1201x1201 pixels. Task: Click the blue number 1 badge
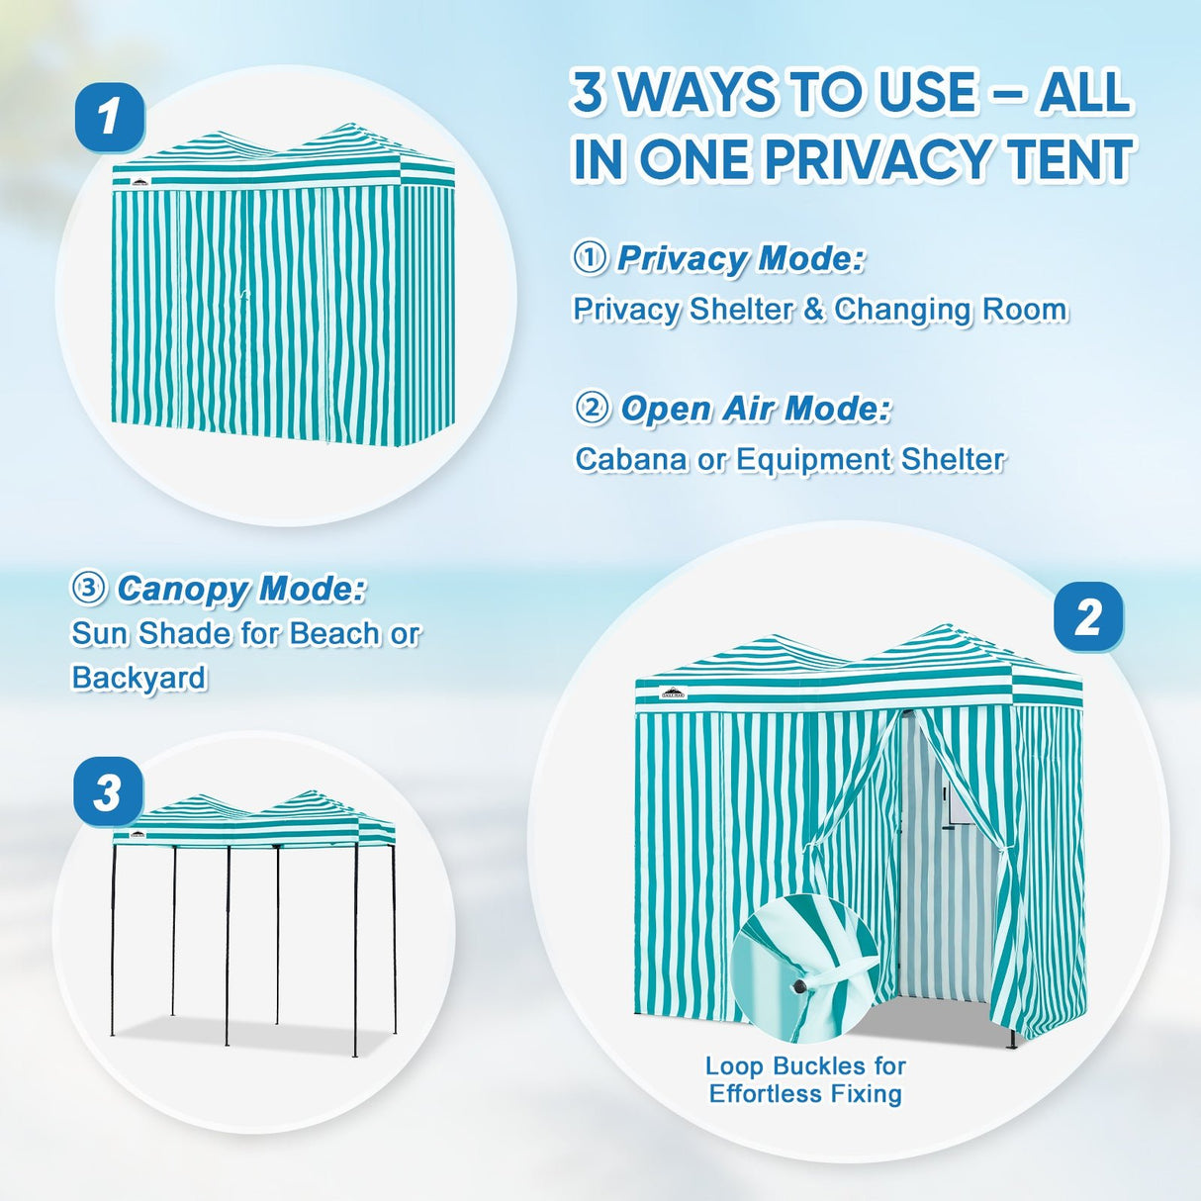pos(110,117)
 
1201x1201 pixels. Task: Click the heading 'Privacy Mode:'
pos(740,258)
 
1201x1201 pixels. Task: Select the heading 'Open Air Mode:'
pos(756,409)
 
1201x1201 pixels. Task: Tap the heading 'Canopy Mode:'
pos(241,589)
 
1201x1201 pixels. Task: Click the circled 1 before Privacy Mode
pos(590,258)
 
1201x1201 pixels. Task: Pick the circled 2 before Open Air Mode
pos(592,409)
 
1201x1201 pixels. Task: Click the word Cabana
pos(630,460)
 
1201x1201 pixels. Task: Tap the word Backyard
pos(139,678)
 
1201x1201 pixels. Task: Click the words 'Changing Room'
pos(950,310)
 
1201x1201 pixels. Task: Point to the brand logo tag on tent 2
pos(673,693)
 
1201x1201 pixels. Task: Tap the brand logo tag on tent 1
pos(140,182)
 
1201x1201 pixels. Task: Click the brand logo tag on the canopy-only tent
pos(138,835)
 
